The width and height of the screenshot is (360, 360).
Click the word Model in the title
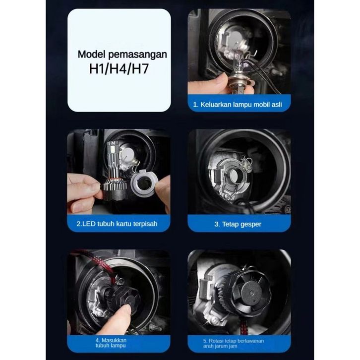[92, 55]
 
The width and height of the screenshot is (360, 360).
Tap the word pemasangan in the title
[137, 55]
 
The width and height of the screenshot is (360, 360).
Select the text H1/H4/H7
[119, 68]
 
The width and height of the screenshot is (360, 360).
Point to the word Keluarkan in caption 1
[216, 105]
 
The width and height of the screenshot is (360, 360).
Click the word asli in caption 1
[277, 105]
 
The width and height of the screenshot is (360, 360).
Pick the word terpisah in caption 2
[145, 224]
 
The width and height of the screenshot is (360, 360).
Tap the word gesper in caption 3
[251, 224]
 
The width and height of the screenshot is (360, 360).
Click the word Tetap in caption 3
[230, 224]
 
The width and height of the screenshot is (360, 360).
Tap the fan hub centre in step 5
[251, 293]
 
